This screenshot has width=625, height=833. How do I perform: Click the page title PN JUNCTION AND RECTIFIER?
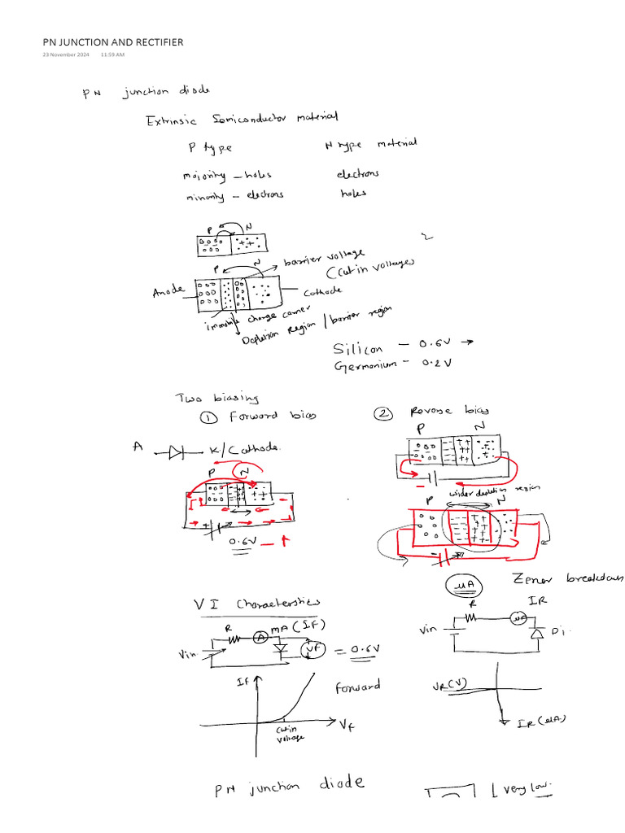(113, 42)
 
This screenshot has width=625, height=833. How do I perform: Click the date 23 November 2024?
(66, 55)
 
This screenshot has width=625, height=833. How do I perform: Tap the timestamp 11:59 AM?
(112, 55)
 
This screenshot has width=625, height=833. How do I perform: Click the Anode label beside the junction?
(168, 291)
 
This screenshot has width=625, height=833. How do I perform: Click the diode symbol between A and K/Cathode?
(177, 452)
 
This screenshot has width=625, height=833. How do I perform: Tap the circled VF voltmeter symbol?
(311, 650)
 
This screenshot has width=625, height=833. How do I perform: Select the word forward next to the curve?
(357, 687)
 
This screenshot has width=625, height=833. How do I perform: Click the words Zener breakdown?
(566, 578)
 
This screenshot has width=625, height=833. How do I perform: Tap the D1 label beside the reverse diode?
(561, 631)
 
